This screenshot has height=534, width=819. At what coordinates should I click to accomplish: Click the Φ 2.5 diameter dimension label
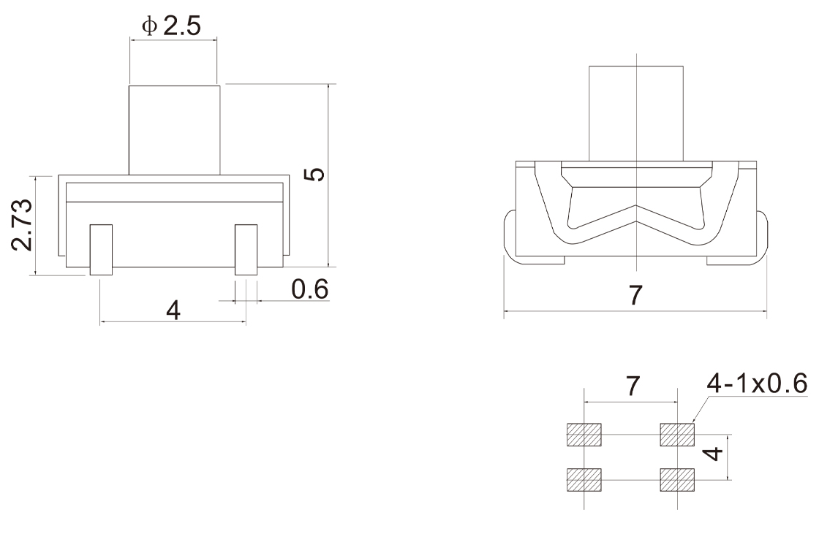pyautogui.click(x=171, y=26)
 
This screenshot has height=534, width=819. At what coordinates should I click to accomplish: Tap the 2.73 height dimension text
pyautogui.click(x=23, y=225)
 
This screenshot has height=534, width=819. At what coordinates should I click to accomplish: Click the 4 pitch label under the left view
pyautogui.click(x=173, y=310)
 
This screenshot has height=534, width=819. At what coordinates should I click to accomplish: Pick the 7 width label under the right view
pyautogui.click(x=635, y=295)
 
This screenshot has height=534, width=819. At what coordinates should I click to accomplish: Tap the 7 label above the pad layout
pyautogui.click(x=632, y=386)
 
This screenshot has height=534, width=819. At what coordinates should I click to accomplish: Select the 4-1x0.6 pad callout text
pyautogui.click(x=757, y=383)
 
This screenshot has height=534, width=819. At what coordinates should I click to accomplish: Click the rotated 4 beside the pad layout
pyautogui.click(x=714, y=453)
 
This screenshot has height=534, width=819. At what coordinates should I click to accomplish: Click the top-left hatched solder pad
pyautogui.click(x=584, y=435)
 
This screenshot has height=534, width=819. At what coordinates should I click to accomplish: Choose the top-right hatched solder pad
pyautogui.click(x=677, y=435)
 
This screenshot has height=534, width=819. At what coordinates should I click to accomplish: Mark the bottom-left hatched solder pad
pyautogui.click(x=584, y=480)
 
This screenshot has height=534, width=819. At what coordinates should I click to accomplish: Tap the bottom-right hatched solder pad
pyautogui.click(x=677, y=480)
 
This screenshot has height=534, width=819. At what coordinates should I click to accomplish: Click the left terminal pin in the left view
pyautogui.click(x=102, y=250)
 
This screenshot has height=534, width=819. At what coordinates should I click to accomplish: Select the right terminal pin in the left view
pyautogui.click(x=246, y=250)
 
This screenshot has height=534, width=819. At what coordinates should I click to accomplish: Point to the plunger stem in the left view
pyautogui.click(x=175, y=130)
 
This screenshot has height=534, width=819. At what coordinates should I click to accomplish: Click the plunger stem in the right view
pyautogui.click(x=636, y=113)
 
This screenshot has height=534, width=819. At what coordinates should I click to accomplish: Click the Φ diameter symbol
pyautogui.click(x=149, y=26)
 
